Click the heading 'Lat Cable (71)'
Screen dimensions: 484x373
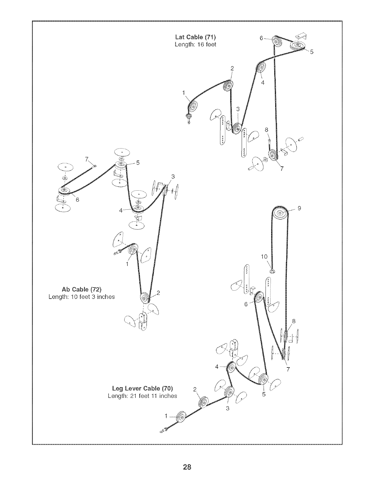click(x=195, y=38)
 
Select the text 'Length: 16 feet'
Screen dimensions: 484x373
click(x=195, y=44)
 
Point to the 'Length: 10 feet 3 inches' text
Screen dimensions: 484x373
click(x=82, y=297)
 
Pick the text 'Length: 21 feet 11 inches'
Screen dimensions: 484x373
click(x=142, y=396)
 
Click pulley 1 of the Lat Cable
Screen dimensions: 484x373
click(x=194, y=107)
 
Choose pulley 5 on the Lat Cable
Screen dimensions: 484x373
click(x=297, y=46)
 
